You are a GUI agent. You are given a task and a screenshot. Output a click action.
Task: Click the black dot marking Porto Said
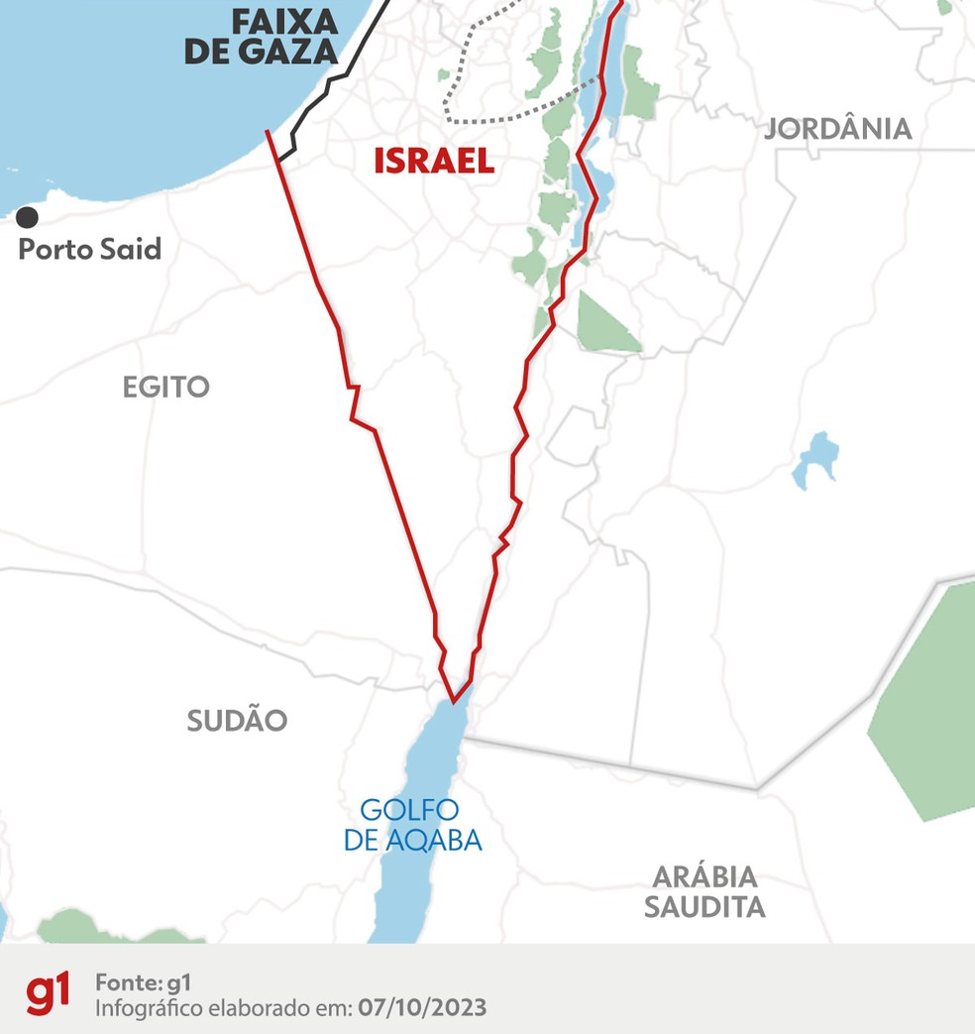pyautogui.click(x=28, y=216)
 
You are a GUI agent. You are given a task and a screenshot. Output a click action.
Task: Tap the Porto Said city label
pyautogui.click(x=90, y=249)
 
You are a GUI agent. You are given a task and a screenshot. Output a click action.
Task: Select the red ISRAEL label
pyautogui.click(x=434, y=161)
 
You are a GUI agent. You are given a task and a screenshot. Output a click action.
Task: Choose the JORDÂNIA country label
pyautogui.click(x=838, y=128)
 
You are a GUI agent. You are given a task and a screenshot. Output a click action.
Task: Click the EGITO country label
pyautogui.click(x=166, y=387)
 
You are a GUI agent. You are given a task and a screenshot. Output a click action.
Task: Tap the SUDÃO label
pyautogui.click(x=237, y=721)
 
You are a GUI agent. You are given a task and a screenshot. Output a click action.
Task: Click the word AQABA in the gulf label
pyautogui.click(x=435, y=842)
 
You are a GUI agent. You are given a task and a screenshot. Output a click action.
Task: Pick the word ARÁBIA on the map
pyautogui.click(x=704, y=876)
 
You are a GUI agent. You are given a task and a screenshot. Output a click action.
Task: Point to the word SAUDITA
pyautogui.click(x=704, y=907)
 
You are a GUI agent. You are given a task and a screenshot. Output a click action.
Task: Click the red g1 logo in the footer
pyautogui.click(x=49, y=993)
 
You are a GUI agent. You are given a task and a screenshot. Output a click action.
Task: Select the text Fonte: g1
pyautogui.click(x=143, y=982)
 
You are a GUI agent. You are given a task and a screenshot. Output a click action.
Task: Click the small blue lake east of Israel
pyautogui.click(x=815, y=458)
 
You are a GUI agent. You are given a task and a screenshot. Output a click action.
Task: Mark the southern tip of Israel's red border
pyautogui.click(x=454, y=701)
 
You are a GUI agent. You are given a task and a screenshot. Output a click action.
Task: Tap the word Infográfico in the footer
pyautogui.click(x=145, y=1008)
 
